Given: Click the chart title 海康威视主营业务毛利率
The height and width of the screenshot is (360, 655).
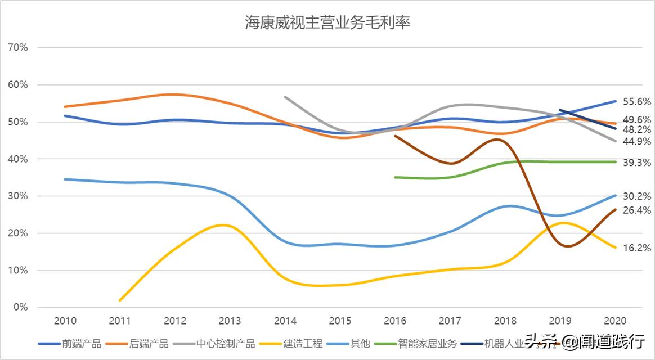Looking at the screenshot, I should coord(327,22).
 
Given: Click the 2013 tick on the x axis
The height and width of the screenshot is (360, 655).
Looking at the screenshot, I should coord(230,321).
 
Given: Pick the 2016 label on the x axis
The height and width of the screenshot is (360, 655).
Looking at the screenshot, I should coord(396,321).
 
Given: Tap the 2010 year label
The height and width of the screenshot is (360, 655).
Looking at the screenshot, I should coord(65,321).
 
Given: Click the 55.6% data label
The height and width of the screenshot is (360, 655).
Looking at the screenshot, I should coord(637,102).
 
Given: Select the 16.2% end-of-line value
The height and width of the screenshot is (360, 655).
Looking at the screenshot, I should coord(637,247).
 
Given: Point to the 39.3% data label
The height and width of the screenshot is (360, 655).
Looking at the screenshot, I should coord(637,162).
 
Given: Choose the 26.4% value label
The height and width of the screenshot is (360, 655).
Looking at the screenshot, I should coord(637,210).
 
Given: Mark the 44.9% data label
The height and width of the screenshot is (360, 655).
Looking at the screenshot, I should coord(637,141).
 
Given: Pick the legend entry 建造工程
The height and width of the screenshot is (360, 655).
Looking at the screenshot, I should coord(303,343).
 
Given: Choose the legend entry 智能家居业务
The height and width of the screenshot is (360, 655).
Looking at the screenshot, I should coord(427,343).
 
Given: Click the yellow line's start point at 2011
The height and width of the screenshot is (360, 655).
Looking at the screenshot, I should coord(120,300).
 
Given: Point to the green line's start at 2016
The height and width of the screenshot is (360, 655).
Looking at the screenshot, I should coord(396,177).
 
